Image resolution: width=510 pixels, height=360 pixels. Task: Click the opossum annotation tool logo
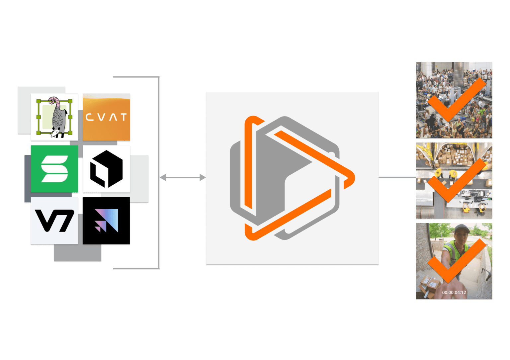54,117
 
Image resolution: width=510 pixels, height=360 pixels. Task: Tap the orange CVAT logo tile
106,117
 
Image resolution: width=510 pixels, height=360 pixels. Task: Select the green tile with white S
54,169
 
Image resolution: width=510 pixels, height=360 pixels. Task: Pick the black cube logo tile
106,169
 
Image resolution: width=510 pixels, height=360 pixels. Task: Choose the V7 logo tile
54,221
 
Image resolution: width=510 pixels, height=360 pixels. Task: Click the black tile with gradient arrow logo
106,221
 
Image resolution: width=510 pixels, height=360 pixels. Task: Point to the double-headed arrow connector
183,178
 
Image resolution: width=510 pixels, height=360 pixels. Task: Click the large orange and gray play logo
292,178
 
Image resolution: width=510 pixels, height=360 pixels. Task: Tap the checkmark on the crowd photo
455,100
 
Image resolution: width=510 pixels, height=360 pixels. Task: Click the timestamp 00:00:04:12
454,293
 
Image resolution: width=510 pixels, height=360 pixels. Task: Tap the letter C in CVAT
89,117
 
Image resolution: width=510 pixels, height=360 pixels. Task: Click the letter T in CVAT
124,117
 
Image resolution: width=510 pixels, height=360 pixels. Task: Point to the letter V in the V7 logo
46,221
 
